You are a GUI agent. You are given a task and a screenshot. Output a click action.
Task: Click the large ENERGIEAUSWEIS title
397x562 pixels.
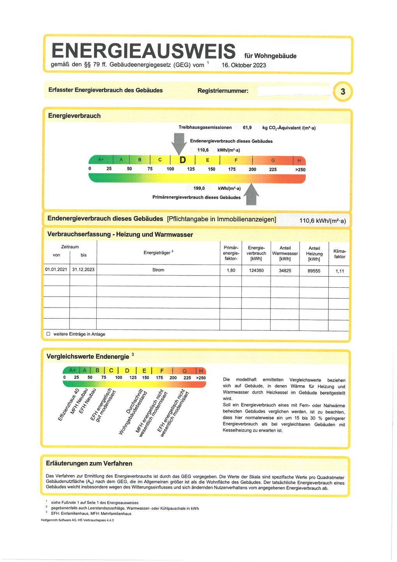(143, 51)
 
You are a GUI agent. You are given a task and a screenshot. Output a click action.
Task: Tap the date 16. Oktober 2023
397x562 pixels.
(244, 65)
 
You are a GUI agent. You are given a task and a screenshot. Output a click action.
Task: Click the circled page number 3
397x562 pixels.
(343, 92)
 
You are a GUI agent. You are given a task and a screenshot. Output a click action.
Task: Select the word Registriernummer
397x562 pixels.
(223, 91)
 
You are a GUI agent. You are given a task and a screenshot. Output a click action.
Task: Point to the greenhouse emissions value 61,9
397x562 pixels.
(247, 128)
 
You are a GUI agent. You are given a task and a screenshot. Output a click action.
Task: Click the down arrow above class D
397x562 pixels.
(179, 143)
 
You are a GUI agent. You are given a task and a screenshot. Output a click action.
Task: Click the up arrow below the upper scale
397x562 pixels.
(252, 194)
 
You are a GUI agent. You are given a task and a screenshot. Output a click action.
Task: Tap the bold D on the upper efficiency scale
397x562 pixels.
(182, 160)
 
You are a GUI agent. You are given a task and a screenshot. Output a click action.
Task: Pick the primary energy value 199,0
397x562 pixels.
(199, 188)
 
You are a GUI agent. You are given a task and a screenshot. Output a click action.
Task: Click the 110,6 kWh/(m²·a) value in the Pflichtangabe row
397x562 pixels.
(322, 221)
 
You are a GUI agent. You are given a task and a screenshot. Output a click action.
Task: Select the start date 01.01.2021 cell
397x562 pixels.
(56, 270)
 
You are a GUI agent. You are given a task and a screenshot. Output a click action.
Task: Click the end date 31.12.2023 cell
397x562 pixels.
(83, 270)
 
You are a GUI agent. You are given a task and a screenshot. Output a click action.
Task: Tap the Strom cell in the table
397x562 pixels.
(158, 270)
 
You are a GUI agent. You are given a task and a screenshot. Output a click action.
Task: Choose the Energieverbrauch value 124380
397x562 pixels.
(256, 270)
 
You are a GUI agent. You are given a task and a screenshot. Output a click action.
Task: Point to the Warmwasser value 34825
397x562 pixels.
(285, 270)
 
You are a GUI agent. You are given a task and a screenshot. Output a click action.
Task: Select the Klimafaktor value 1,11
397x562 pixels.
(340, 271)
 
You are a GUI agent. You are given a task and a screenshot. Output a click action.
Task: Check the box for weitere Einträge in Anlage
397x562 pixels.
(48, 334)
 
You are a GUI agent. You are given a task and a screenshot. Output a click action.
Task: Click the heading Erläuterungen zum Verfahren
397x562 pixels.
(89, 464)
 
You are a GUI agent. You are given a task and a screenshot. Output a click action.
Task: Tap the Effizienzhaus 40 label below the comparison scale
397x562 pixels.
(69, 405)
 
